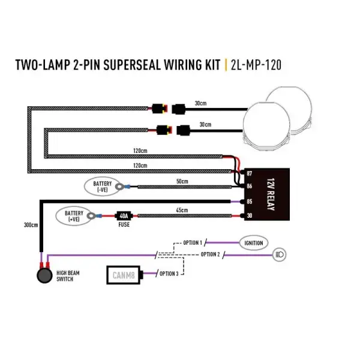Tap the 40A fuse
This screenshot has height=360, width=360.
pyautogui.click(x=124, y=216)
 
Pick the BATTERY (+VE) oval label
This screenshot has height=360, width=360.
pyautogui.click(x=74, y=216)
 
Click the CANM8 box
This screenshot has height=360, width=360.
pyautogui.click(x=124, y=275)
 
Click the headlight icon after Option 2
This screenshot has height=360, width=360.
pyautogui.click(x=280, y=254)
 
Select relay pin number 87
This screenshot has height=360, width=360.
pyautogui.click(x=249, y=174)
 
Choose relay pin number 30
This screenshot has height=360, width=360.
pyautogui.click(x=249, y=217)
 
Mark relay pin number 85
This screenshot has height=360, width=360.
pyautogui.click(x=249, y=202)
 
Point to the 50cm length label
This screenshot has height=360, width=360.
pyautogui.click(x=182, y=181)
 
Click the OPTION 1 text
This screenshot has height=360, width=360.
pyautogui.click(x=193, y=242)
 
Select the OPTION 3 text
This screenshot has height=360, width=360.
pyautogui.click(x=169, y=274)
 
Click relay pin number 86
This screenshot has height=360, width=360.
pyautogui.click(x=249, y=187)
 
